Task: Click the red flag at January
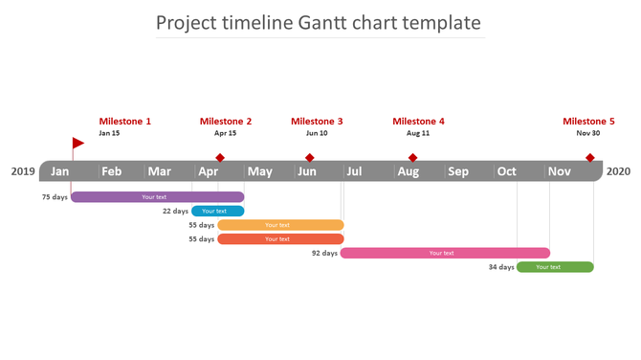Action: pos(77,143)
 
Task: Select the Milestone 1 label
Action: pos(125,122)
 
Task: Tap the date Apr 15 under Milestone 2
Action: pos(225,134)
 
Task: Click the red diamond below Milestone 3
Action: pos(310,158)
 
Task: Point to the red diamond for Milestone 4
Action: pos(413,158)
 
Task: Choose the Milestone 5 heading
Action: pos(588,122)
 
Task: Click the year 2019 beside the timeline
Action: pos(23,172)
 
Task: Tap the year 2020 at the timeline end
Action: pos(618,172)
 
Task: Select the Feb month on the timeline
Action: pos(112,172)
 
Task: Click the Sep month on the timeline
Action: pos(458,172)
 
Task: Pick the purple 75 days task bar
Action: pos(157,197)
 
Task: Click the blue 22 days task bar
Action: pos(217,211)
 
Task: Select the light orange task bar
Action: pos(279,225)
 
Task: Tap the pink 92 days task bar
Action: pos(445,253)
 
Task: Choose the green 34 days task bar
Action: pos(555,267)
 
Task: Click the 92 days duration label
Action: pos(324,254)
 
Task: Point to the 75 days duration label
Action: pos(55,197)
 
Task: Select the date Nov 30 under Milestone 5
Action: pos(588,134)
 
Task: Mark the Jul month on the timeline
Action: pos(354,172)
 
